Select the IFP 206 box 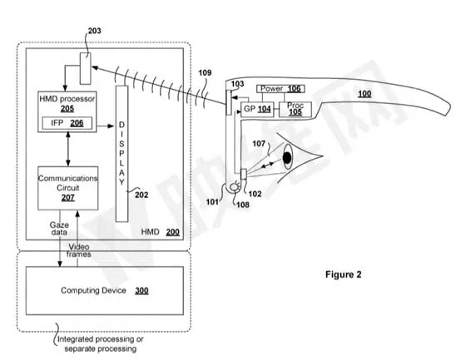pos(67,123)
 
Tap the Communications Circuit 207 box pos(68,188)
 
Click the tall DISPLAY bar pos(121,154)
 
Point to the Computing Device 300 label pos(105,291)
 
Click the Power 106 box pos(280,89)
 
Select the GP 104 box pos(257,110)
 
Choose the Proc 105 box pos(295,110)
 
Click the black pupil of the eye pos(287,158)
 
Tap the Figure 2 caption pos(344,274)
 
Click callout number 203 pos(94,31)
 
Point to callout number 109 pos(205,72)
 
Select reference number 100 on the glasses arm pos(364,94)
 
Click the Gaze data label pos(59,229)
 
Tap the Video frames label pos(78,250)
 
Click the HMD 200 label pos(161,232)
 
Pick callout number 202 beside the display pos(141,195)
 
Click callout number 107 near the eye pos(259,144)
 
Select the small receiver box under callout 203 pos(85,68)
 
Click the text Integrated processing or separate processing pos(100,344)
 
